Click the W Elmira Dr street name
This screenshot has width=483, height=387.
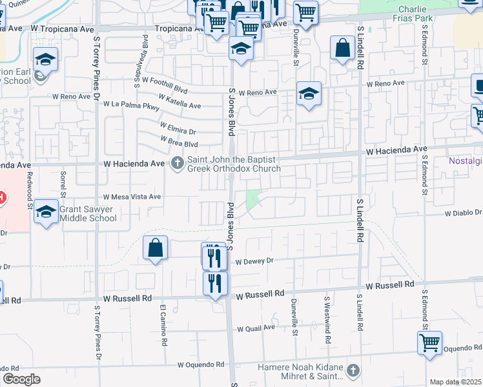point(178,127)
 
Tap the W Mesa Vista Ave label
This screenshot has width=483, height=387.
point(132,197)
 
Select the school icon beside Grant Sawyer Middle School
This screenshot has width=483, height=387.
point(46,212)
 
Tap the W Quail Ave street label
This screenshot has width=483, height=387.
point(256,328)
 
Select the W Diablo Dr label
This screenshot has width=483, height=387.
point(463,212)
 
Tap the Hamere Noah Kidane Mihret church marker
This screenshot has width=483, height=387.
point(353,370)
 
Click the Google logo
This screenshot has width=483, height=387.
point(21,379)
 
